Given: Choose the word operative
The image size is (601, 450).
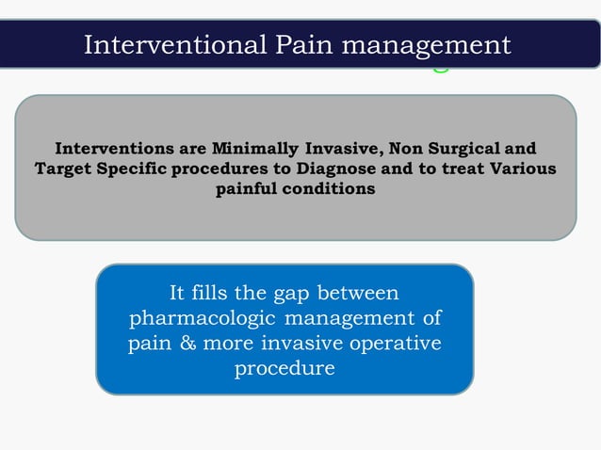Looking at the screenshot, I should [395, 343].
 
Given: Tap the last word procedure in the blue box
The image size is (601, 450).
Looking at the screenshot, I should [284, 368].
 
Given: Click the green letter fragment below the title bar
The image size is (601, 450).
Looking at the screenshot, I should [440, 68].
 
